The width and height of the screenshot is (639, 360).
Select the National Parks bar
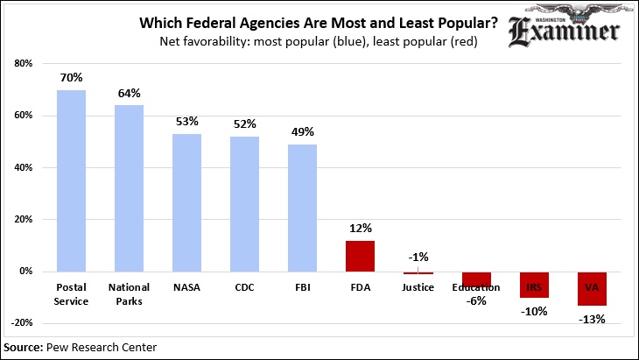(x=129, y=188)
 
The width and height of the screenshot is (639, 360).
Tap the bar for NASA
(x=186, y=202)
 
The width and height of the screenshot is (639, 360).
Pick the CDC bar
(x=244, y=204)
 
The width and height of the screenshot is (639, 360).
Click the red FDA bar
(x=360, y=256)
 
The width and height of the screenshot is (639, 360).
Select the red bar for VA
(x=592, y=288)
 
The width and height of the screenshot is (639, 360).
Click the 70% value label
(x=71, y=78)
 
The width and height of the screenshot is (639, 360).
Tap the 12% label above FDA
(x=360, y=229)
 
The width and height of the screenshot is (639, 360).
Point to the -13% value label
(x=592, y=319)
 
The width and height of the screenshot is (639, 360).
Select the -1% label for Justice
(x=418, y=258)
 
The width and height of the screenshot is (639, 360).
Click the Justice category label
(x=418, y=287)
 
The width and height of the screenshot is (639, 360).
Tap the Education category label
(x=476, y=287)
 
